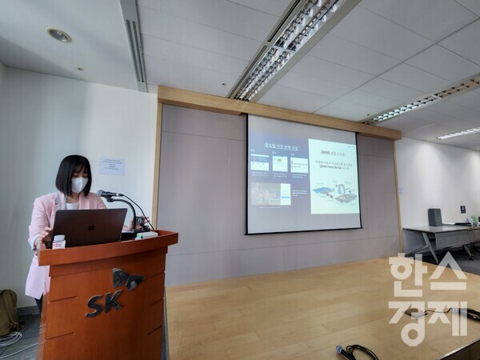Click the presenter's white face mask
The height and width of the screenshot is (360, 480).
point(78,185)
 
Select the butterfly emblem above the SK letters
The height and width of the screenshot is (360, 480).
point(126,279)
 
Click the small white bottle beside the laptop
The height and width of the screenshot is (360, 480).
point(58,241)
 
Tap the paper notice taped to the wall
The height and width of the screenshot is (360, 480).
point(111,166)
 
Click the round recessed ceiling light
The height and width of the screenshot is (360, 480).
point(58,35)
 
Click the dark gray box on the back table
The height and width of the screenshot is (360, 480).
point(434,217)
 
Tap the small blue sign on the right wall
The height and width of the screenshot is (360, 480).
point(462,209)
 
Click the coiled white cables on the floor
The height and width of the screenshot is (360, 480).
point(10,341)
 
